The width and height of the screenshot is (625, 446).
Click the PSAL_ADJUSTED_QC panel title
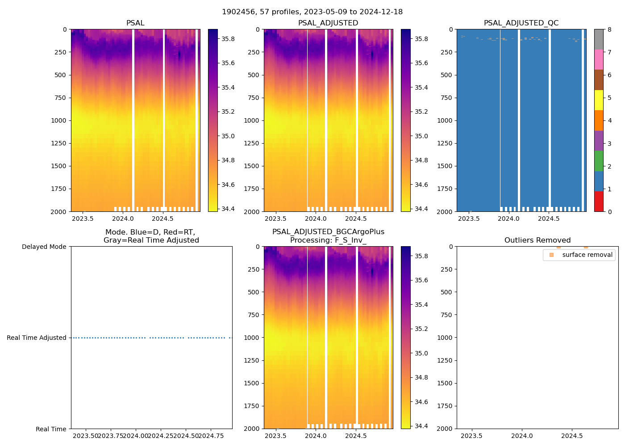[x=521, y=23]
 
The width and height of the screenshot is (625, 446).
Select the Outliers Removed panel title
[x=537, y=240]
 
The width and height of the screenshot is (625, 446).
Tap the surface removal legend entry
[x=587, y=255]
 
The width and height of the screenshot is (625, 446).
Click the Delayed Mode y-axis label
[x=44, y=247]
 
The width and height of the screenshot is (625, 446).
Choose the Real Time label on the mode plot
[x=51, y=429]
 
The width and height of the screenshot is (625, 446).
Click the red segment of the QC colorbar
[x=599, y=202]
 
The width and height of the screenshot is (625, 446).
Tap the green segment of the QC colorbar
[x=599, y=161]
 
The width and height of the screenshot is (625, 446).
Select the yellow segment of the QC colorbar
[x=599, y=100]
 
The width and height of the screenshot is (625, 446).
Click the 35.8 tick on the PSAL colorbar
[x=228, y=39]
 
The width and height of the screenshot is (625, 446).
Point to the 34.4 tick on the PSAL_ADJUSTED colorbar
[x=421, y=209]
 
